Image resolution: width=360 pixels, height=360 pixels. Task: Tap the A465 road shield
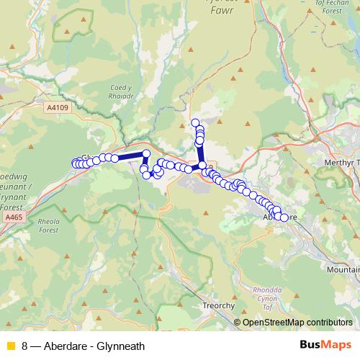12,215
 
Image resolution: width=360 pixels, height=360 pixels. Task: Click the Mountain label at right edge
342,269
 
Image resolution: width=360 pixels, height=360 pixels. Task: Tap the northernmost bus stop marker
195,122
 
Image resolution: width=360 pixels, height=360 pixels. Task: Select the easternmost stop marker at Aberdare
284,217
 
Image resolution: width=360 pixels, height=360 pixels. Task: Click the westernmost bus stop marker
74,163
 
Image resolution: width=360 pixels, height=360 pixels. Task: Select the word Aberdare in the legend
67,346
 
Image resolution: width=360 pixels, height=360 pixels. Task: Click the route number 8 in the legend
25,346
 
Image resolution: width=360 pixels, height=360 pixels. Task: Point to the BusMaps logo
325,346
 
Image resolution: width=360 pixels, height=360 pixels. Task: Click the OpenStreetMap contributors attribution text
297,323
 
